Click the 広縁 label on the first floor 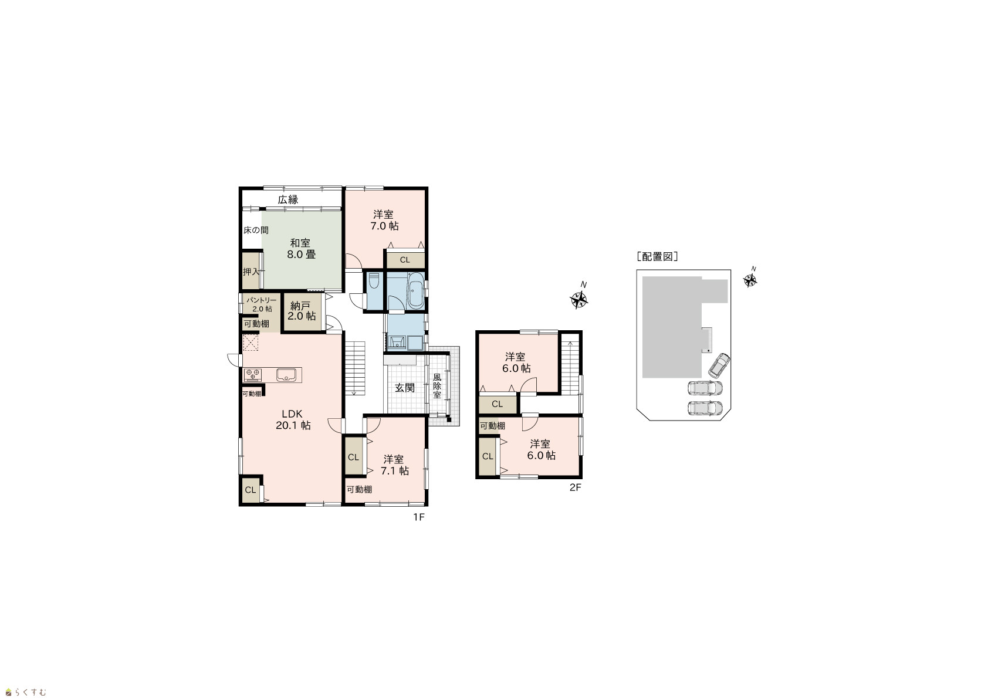[x=288, y=200]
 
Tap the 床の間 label [x=256, y=230]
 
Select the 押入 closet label [x=251, y=272]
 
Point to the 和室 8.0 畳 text [x=301, y=249]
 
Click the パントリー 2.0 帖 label [x=262, y=304]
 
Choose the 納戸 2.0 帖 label [x=302, y=311]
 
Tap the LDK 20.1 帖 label [x=293, y=420]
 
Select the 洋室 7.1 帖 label [x=394, y=465]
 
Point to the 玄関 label [x=404, y=388]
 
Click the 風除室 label [x=437, y=386]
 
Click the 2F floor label [x=576, y=487]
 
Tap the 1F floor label [x=418, y=517]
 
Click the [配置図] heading [x=657, y=257]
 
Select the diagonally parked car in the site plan [x=719, y=365]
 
